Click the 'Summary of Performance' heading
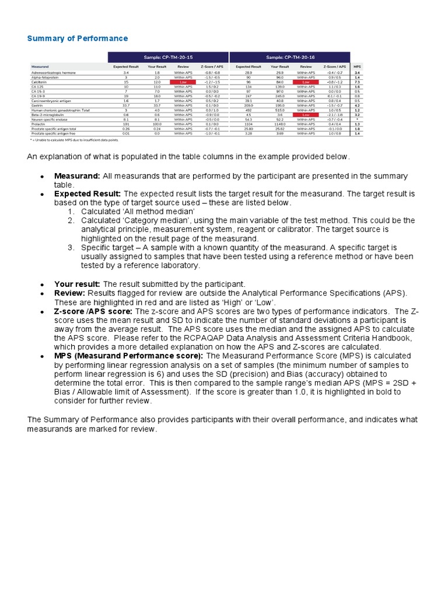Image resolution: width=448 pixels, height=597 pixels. click(x=78, y=38)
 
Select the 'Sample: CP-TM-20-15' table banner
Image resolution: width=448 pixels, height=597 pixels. click(x=168, y=57)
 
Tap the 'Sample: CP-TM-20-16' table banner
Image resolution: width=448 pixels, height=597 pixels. click(x=289, y=57)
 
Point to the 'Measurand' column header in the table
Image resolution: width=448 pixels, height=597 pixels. click(x=41, y=67)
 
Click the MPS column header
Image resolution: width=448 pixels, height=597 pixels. click(x=357, y=67)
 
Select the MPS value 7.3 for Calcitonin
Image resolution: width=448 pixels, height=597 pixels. click(x=357, y=82)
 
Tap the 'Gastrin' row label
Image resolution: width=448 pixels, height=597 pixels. click(x=37, y=105)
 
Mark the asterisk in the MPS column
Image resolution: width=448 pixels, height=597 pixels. click(x=357, y=119)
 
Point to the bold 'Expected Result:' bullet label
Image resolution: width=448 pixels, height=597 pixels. click(x=87, y=193)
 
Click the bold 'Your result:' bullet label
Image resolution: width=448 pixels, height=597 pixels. click(x=78, y=284)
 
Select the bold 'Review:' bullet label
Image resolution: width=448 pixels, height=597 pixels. click(x=70, y=293)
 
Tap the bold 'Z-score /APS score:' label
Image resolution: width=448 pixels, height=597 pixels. click(x=94, y=312)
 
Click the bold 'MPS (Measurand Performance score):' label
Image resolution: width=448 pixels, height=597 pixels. click(x=129, y=356)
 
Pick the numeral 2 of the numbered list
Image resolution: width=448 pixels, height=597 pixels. click(x=71, y=220)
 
